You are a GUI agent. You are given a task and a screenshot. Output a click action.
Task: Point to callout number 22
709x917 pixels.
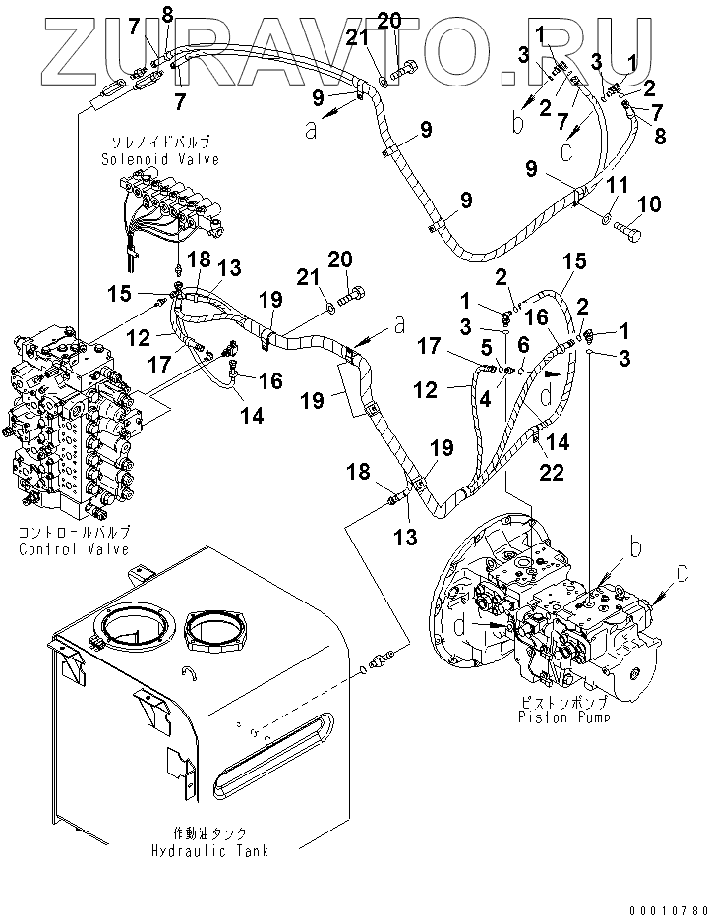coord(553,475)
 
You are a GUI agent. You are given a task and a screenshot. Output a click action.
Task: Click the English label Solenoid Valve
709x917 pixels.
coord(158,159)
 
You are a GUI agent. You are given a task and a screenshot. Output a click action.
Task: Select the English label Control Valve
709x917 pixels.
coord(74,549)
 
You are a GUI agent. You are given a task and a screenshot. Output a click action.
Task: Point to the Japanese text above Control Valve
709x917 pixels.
coord(74,533)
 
